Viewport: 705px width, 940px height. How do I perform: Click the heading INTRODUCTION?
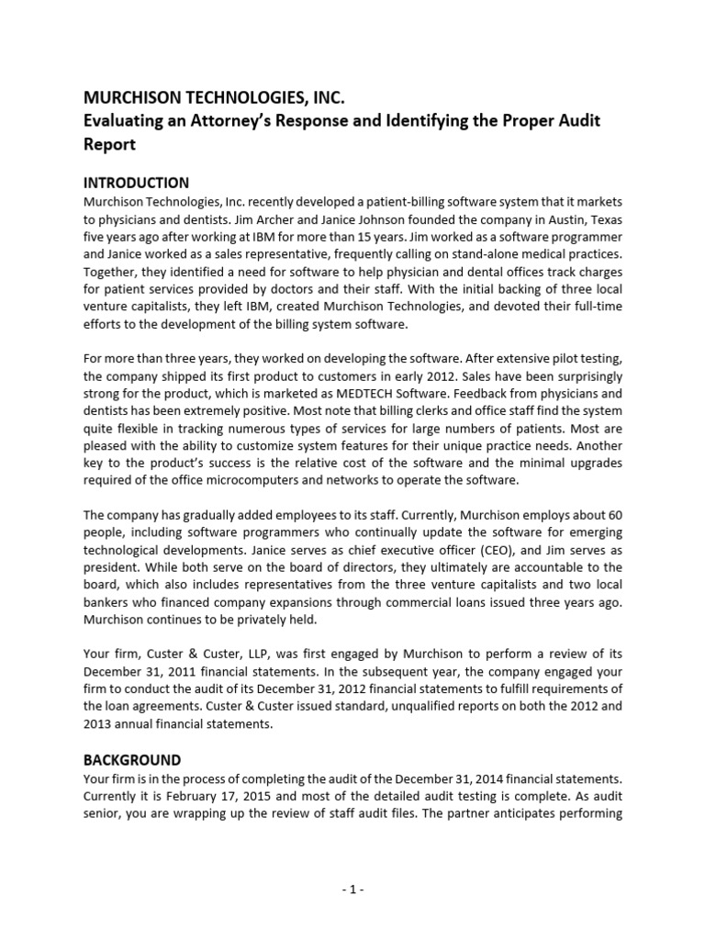(136, 183)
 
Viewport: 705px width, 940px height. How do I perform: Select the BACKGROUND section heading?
(132, 760)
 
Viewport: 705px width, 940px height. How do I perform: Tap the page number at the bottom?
(352, 889)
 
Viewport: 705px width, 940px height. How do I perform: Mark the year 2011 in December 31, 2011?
(180, 671)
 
